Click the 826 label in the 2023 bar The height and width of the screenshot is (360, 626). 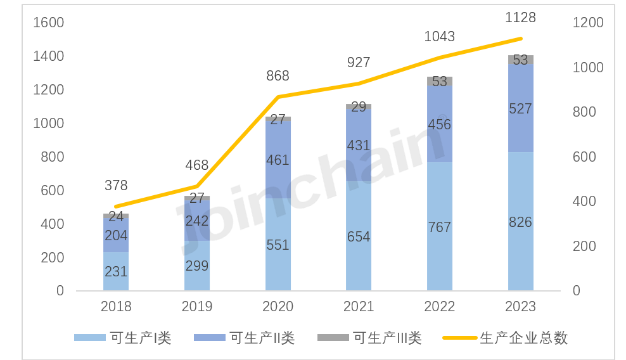click(x=520, y=222)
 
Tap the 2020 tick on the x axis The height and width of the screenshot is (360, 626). click(x=278, y=307)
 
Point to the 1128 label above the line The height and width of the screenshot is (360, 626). click(x=520, y=18)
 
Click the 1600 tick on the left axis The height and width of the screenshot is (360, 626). click(x=49, y=23)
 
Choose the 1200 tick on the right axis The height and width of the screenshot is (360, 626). click(x=588, y=23)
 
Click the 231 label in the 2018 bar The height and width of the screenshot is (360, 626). click(x=116, y=272)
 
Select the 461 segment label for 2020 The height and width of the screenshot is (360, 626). click(x=278, y=160)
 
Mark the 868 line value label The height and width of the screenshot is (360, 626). click(x=278, y=76)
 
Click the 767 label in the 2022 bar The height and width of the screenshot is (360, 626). click(x=439, y=228)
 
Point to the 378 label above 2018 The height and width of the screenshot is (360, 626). click(x=116, y=186)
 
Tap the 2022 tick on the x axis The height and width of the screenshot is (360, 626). click(x=439, y=307)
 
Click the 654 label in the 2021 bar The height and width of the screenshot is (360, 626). click(x=358, y=237)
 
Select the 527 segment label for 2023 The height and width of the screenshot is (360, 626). click(x=520, y=109)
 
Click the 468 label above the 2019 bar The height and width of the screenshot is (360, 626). click(x=196, y=165)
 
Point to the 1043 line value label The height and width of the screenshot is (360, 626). click(x=439, y=37)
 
